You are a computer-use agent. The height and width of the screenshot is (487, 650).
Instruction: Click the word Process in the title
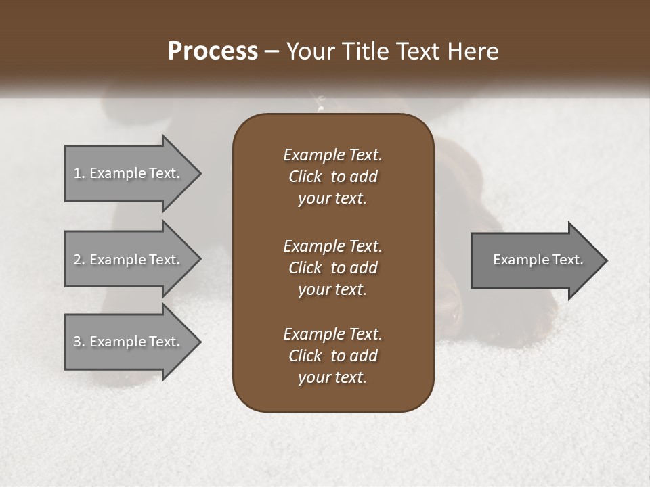(x=213, y=51)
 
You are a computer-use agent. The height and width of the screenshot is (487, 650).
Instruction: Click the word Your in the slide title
(x=308, y=51)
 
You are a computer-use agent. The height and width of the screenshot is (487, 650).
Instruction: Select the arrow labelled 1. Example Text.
(x=129, y=173)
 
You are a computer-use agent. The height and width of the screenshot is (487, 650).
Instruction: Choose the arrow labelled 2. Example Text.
(x=129, y=260)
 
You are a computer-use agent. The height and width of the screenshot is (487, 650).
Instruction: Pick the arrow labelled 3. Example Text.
(x=129, y=342)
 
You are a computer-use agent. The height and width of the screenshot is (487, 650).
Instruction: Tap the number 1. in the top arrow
(x=79, y=173)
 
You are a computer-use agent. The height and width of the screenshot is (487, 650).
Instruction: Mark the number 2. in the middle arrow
(x=79, y=260)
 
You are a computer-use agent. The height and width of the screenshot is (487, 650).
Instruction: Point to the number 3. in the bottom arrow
(x=79, y=342)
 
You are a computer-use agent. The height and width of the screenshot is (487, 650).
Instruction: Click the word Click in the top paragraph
(x=305, y=177)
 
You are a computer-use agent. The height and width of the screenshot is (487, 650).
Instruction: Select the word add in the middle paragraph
(x=364, y=268)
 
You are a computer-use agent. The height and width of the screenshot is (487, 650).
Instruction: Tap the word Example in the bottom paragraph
(x=313, y=334)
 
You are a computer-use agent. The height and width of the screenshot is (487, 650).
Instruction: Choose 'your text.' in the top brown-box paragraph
(x=332, y=198)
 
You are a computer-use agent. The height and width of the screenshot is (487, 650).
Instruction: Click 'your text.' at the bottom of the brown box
(x=332, y=377)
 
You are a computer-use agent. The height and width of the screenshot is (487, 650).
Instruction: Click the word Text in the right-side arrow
(x=567, y=260)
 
